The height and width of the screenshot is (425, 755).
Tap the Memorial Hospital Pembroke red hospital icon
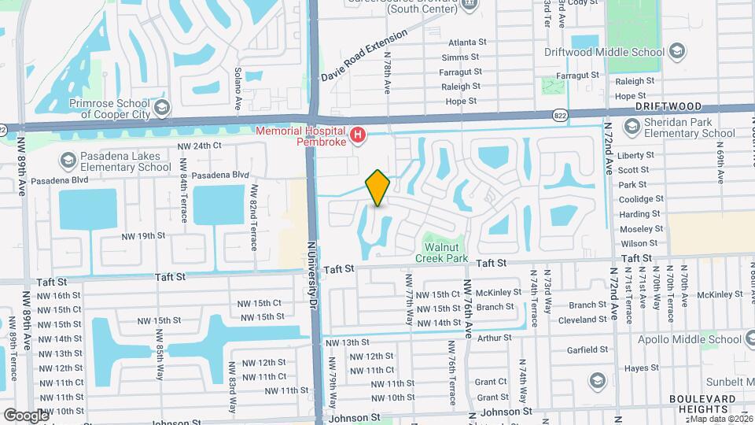pyautogui.click(x=359, y=135)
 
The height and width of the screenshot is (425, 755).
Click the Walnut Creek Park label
pyautogui.click(x=442, y=253)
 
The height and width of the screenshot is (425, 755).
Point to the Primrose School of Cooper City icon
pyautogui.click(x=162, y=107)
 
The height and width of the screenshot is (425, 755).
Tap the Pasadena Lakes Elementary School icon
pyautogui.click(x=68, y=161)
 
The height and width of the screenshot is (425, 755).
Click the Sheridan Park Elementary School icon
pyautogui.click(x=632, y=127)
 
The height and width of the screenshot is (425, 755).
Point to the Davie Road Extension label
pyautogui.click(x=364, y=56)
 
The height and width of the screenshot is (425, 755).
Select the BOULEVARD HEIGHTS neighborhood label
pyautogui.click(x=699, y=404)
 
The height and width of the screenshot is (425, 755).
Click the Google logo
pyautogui.click(x=26, y=415)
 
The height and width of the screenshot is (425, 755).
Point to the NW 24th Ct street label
pyautogui.click(x=200, y=146)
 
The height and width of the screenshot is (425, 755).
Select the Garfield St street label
pyautogui.click(x=587, y=349)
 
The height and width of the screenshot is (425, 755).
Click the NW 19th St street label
pyautogui.click(x=143, y=235)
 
